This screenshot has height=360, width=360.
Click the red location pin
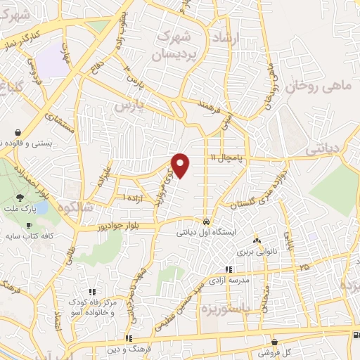click(x=181, y=164)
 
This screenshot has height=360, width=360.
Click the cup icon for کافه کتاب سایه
click(x=29, y=226)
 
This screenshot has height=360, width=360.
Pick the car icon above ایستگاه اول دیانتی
click(x=205, y=217)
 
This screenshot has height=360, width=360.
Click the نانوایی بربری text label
click(x=253, y=250)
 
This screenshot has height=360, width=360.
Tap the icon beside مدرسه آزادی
click(x=228, y=269)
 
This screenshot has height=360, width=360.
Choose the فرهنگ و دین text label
click(x=128, y=349)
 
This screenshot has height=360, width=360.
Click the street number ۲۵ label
click(x=304, y=267)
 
